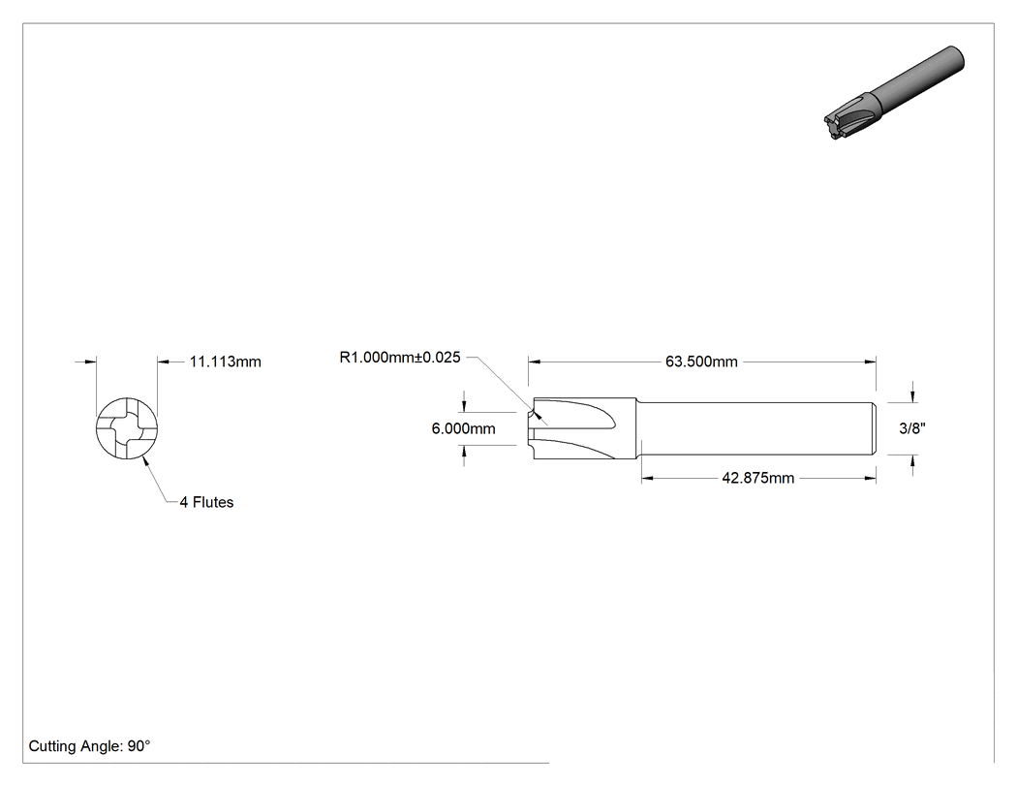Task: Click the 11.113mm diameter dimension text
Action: (x=225, y=362)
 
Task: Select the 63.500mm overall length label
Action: (x=701, y=362)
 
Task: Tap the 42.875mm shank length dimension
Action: (x=757, y=479)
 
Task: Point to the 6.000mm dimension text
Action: (x=463, y=428)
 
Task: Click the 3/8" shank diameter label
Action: (x=912, y=427)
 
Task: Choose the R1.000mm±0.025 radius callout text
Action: (x=399, y=357)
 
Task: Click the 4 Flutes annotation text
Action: (x=206, y=502)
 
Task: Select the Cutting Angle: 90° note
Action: (x=89, y=746)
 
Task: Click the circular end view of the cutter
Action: (x=127, y=428)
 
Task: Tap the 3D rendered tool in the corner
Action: (x=894, y=93)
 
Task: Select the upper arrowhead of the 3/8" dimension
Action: (x=913, y=396)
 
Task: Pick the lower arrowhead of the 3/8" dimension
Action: (x=913, y=460)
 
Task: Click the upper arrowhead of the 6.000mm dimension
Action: (x=464, y=406)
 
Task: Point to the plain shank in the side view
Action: (x=756, y=428)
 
